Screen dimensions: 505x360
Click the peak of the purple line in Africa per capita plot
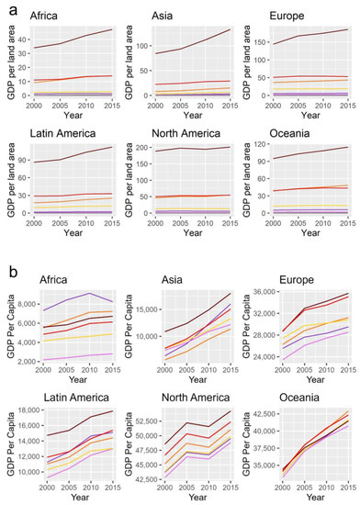[85, 293]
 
